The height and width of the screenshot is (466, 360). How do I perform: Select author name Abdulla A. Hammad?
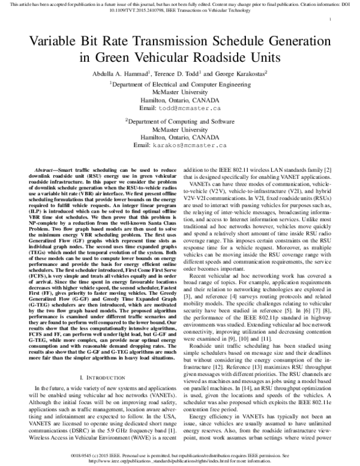(x=116, y=74)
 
